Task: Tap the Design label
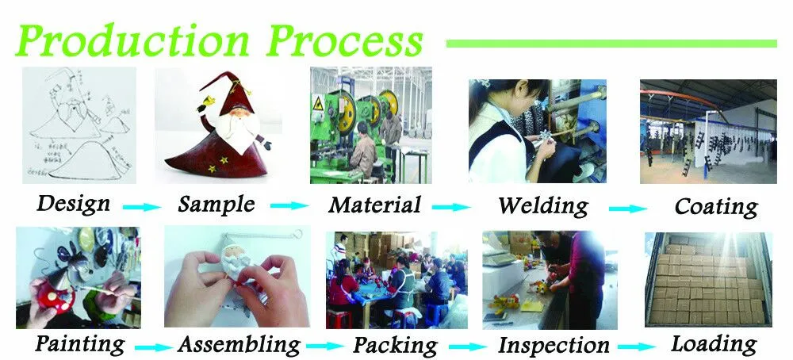coord(74,204)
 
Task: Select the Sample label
coord(216,204)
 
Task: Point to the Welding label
coord(543,205)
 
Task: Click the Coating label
coord(716,207)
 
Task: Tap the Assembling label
coord(239,345)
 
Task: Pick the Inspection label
coord(554,346)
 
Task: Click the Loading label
coord(714,344)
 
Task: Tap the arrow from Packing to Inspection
coord(467,347)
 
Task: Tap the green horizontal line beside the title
coord(611,43)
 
